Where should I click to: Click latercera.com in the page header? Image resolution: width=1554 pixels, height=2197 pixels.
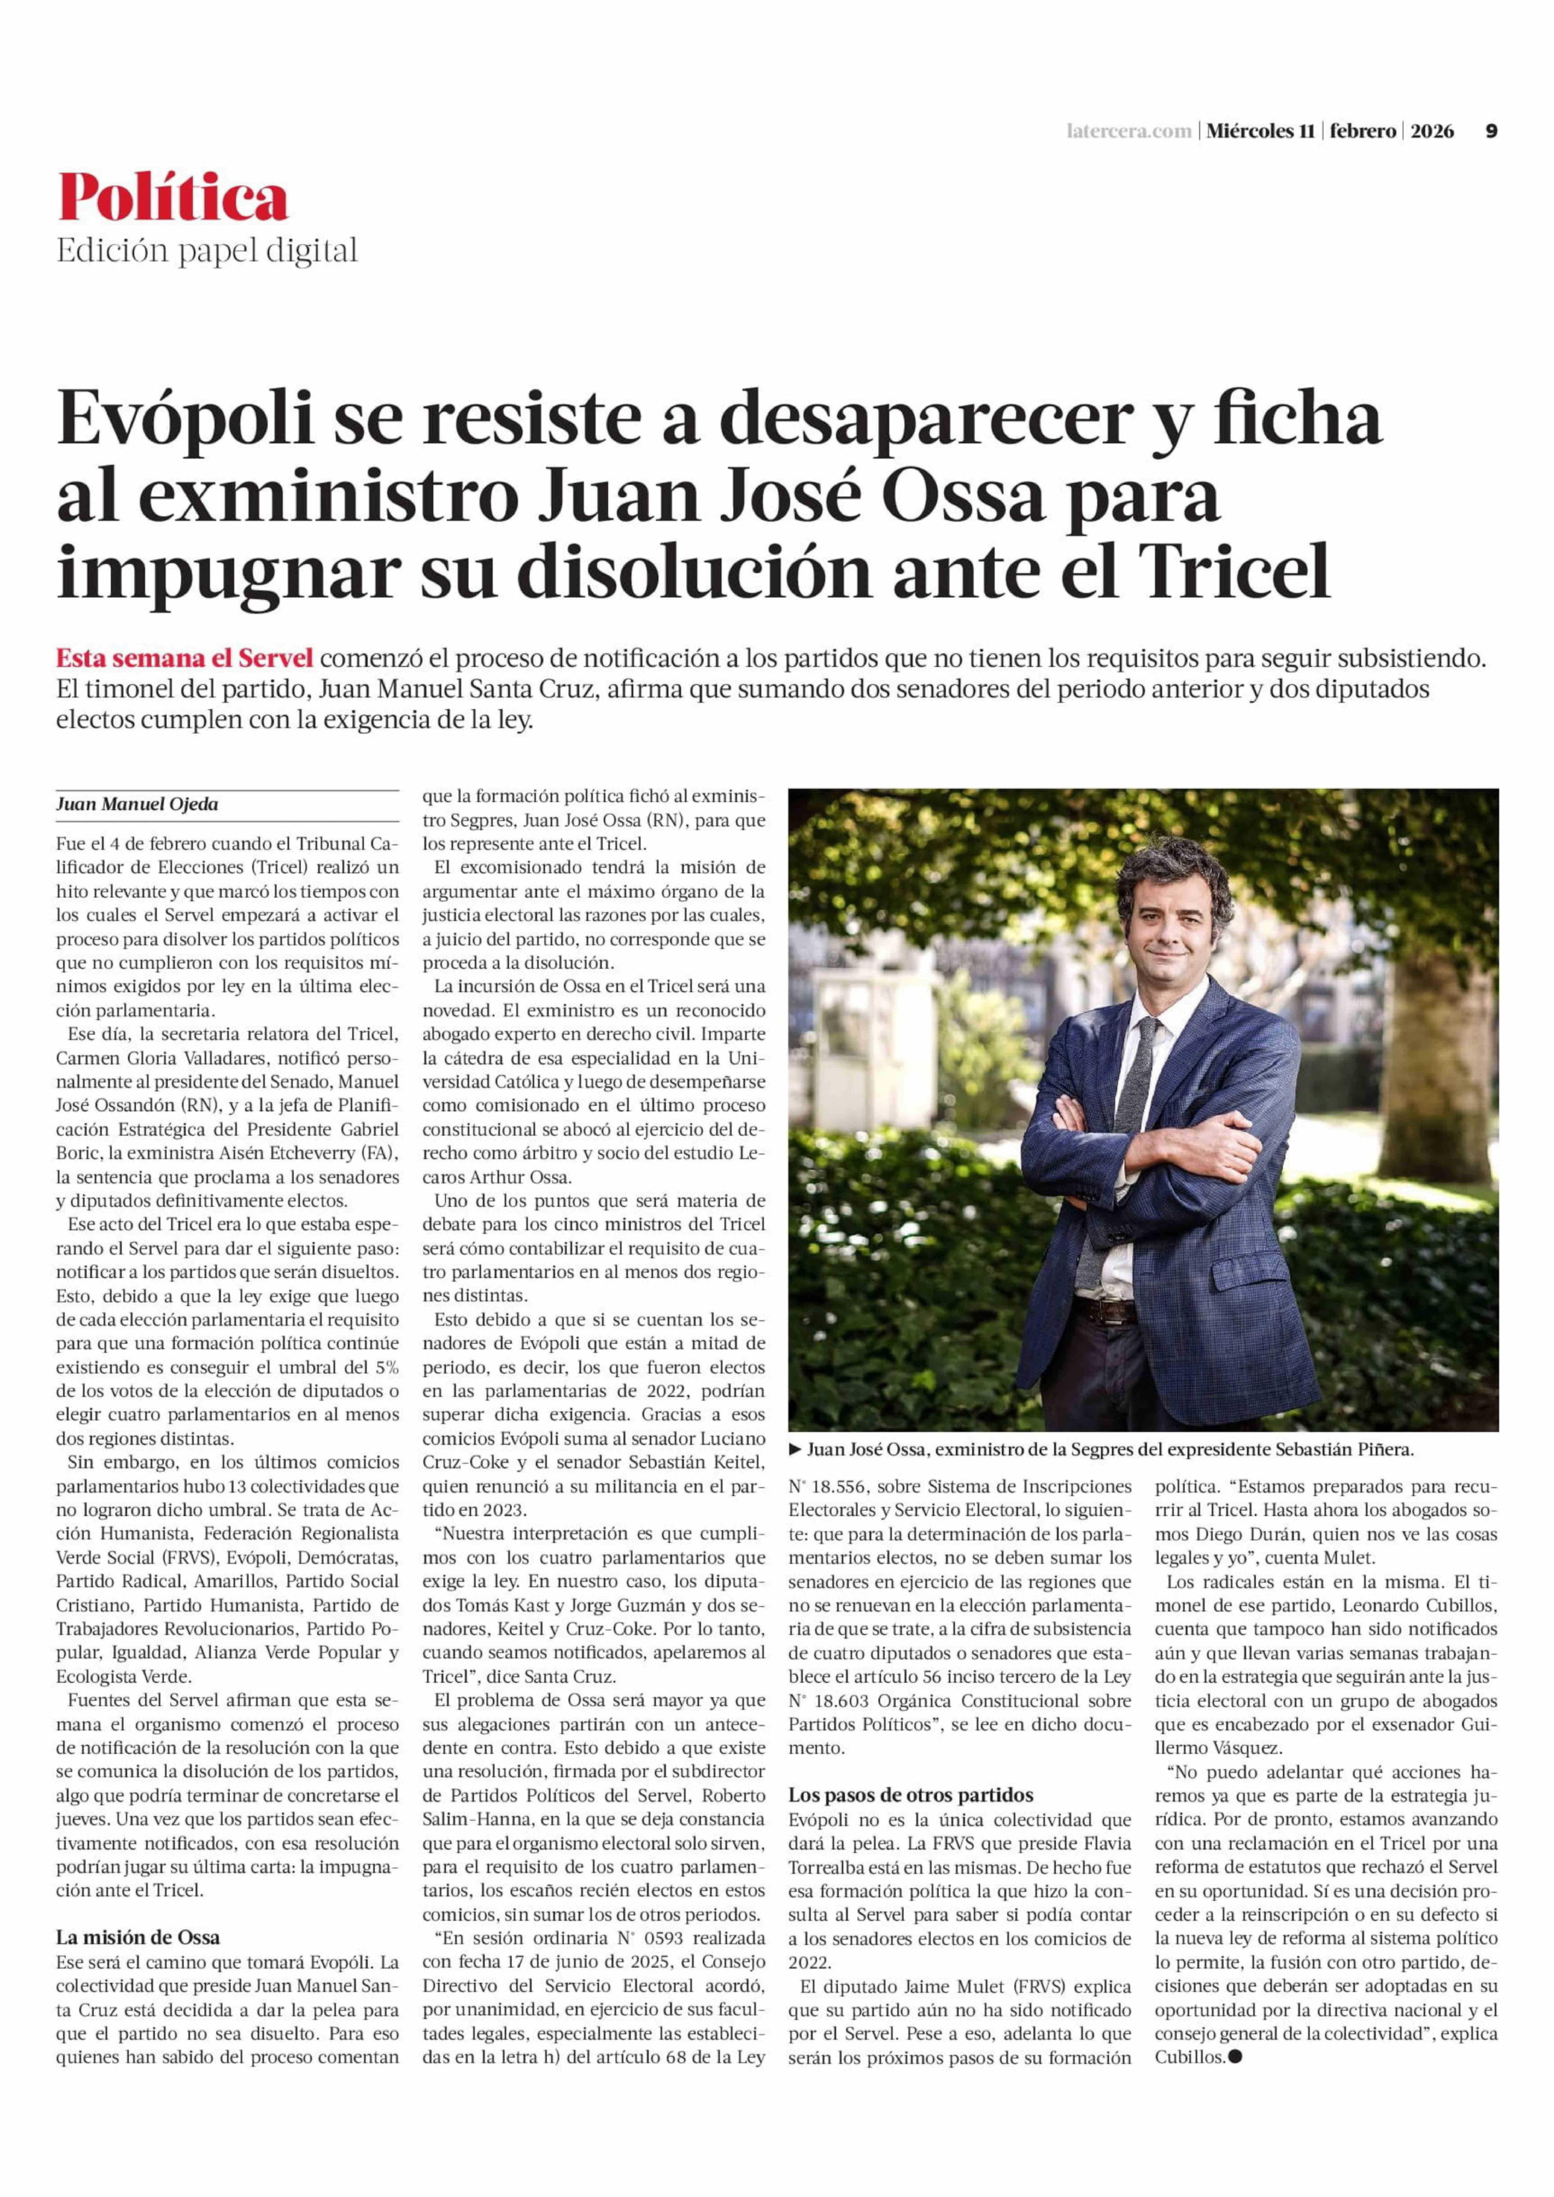1129,131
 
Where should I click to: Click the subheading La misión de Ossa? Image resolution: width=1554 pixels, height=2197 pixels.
138,1938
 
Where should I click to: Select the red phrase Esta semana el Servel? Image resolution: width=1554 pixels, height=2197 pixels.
185,658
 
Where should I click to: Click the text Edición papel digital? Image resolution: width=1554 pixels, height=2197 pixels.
207,251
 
